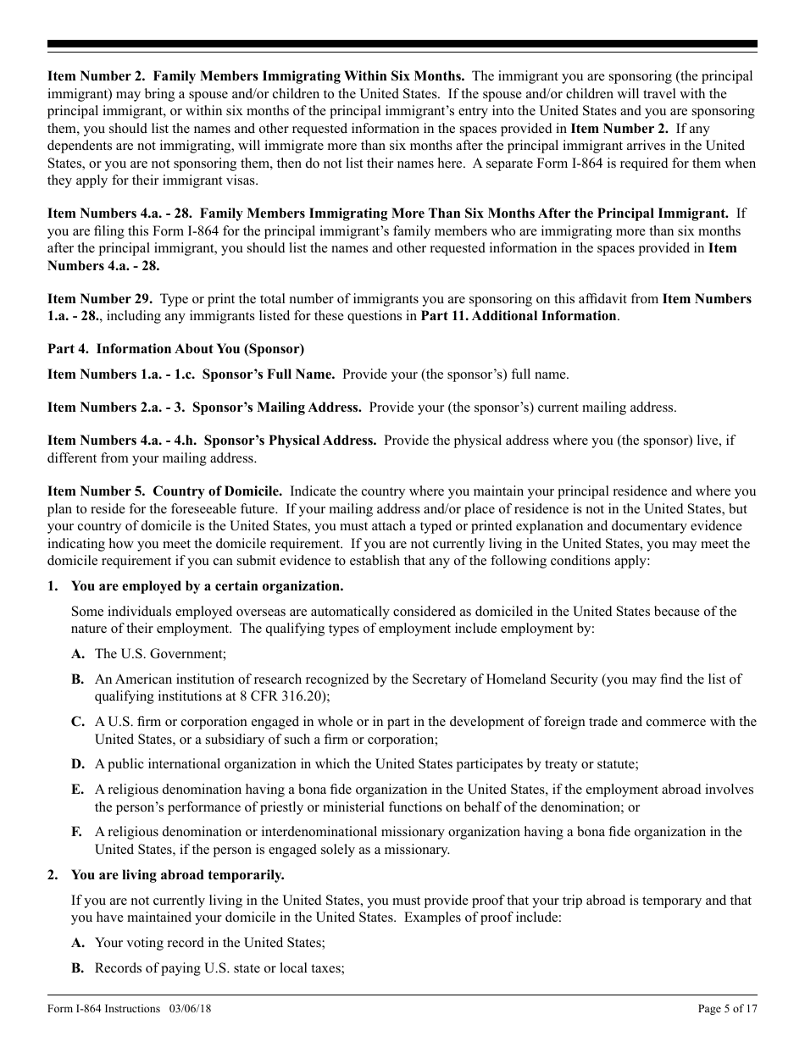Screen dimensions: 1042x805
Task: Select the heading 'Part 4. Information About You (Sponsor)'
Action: pyautogui.click(x=175, y=349)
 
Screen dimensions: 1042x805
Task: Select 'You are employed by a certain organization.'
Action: pyautogui.click(x=207, y=586)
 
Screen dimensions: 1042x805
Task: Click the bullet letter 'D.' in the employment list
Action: pyautogui.click(x=78, y=764)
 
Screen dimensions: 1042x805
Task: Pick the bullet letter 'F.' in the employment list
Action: pyautogui.click(x=77, y=832)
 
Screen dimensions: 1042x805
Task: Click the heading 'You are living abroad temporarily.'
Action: pyautogui.click(x=177, y=874)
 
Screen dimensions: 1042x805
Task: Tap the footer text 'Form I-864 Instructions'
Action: pyautogui.click(x=103, y=1008)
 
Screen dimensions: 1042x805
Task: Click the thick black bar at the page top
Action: pyautogui.click(x=402, y=44)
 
